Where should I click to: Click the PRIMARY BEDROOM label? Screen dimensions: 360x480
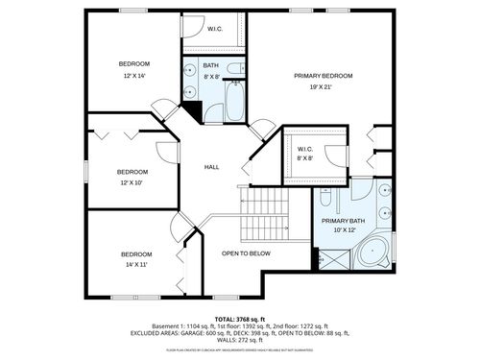pyautogui.click(x=323, y=76)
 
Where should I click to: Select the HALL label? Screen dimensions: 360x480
pyautogui.click(x=211, y=167)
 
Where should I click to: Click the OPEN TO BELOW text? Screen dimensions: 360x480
pyautogui.click(x=246, y=253)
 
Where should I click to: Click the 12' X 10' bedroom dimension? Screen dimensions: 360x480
pyautogui.click(x=132, y=182)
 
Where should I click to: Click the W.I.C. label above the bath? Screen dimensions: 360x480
pyautogui.click(x=216, y=30)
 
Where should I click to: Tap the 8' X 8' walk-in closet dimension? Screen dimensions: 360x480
pyautogui.click(x=305, y=159)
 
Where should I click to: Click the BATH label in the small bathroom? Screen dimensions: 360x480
pyautogui.click(x=210, y=65)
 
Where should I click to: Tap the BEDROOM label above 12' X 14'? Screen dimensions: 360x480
pyautogui.click(x=133, y=63)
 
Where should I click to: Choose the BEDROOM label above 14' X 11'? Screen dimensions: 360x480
pyautogui.click(x=135, y=253)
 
